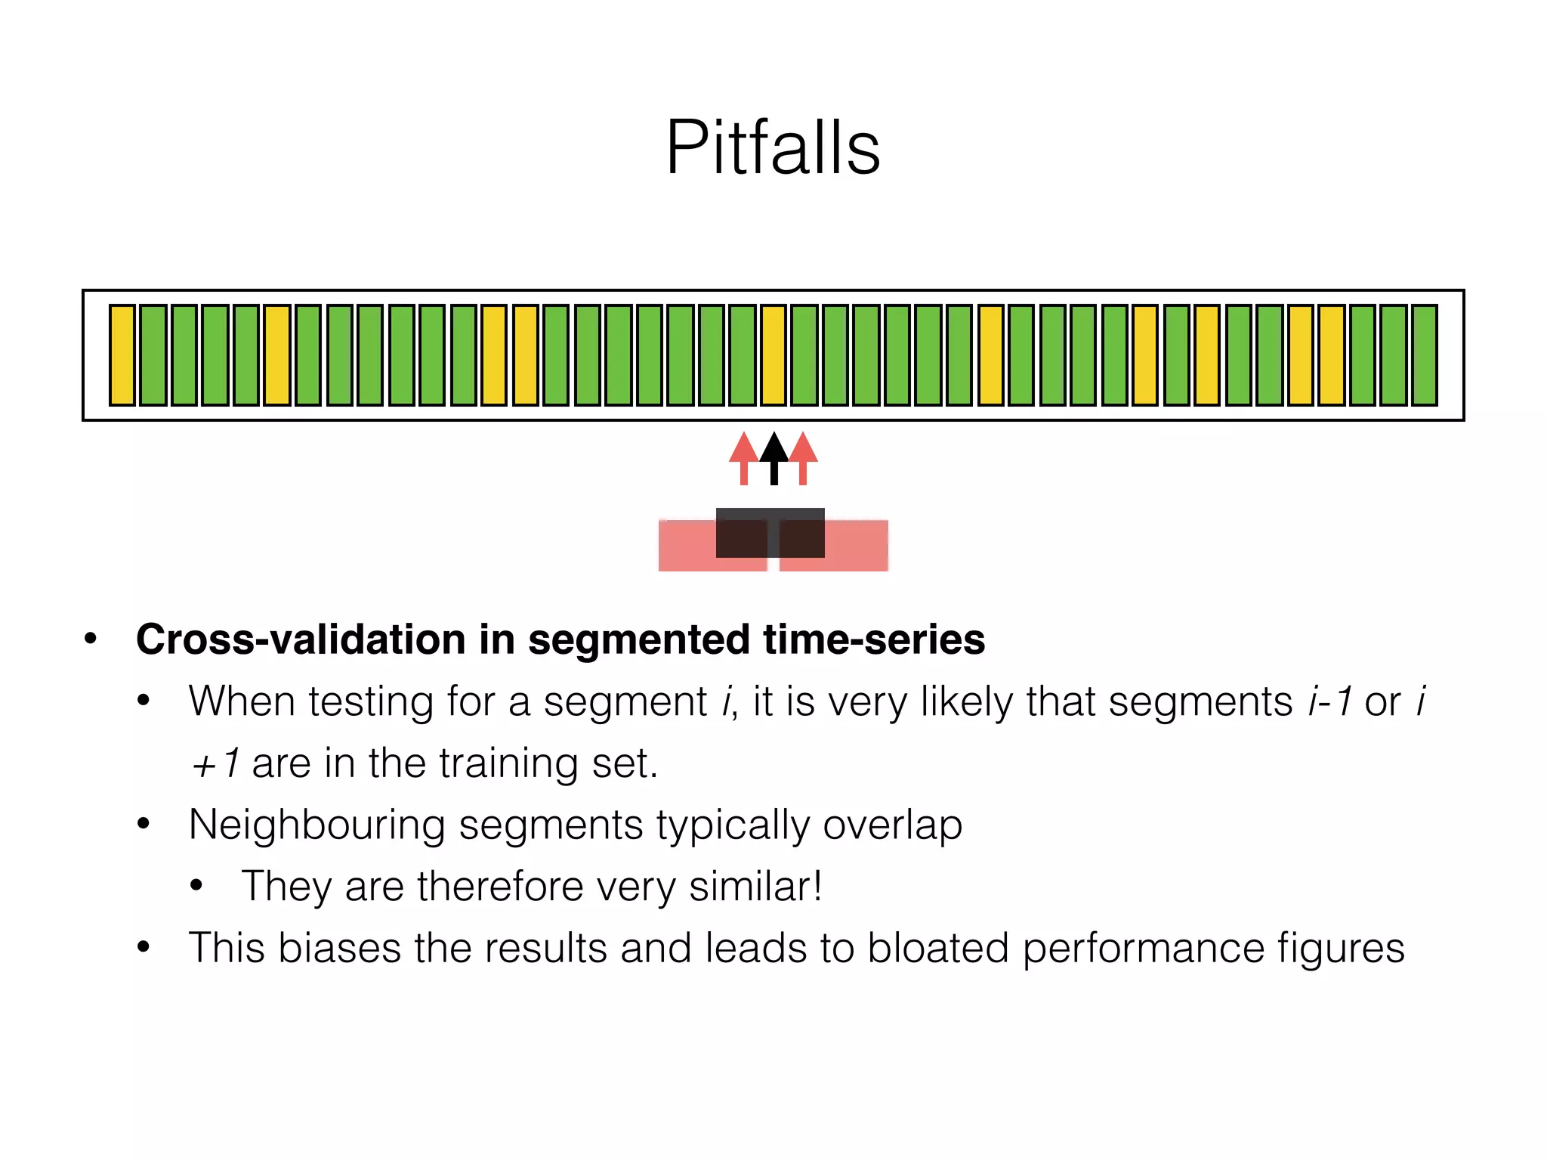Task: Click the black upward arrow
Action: (773, 457)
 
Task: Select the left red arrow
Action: (744, 457)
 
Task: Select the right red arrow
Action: (803, 457)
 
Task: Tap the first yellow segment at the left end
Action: (122, 355)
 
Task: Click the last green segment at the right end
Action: (1424, 355)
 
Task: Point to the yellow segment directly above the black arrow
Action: (773, 355)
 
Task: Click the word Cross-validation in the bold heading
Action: (300, 639)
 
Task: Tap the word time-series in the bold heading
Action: (874, 639)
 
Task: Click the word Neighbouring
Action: (317, 825)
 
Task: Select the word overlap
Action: (892, 825)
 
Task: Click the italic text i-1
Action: (1330, 701)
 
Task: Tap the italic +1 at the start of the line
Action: (215, 763)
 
